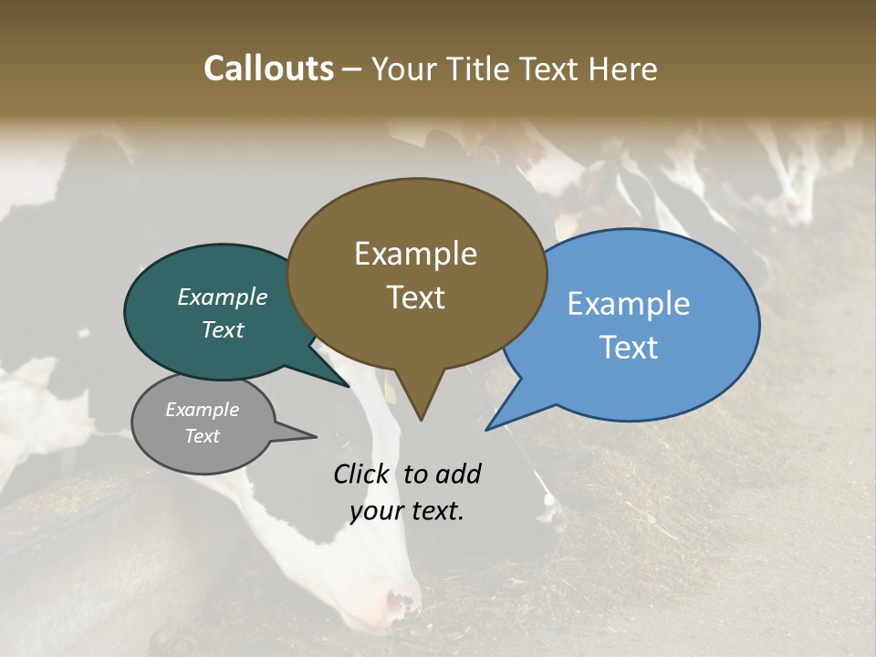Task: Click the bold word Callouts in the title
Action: pos(268,68)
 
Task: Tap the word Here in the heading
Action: pos(624,68)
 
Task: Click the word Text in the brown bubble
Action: pos(415,297)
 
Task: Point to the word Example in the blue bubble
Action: pos(629,303)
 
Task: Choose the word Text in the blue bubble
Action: pos(629,347)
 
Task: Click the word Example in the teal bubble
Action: pos(222,297)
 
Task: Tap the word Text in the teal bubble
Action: pos(222,329)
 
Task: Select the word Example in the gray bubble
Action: pos(202,410)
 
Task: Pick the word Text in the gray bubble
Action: pos(202,436)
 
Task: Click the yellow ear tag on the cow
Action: pos(390,391)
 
